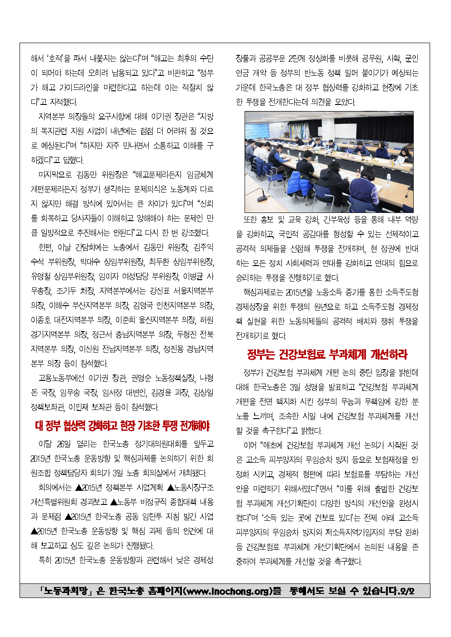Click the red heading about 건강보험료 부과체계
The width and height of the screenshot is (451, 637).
[327, 354]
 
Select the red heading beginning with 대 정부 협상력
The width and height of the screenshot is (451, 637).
[122, 425]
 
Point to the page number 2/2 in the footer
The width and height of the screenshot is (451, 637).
[406, 591]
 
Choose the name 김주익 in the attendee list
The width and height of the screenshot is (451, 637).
[203, 247]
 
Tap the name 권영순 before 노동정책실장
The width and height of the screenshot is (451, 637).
[141, 378]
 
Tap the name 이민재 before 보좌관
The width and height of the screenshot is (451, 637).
[80, 407]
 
